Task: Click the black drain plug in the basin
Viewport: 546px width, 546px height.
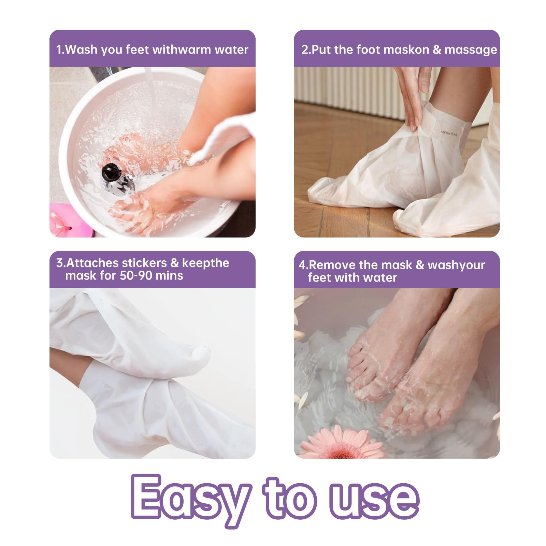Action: [110, 172]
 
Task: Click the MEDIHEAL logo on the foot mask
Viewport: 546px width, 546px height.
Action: [449, 133]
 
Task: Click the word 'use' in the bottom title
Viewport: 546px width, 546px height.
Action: [374, 500]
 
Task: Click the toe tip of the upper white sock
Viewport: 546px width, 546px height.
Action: [204, 354]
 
